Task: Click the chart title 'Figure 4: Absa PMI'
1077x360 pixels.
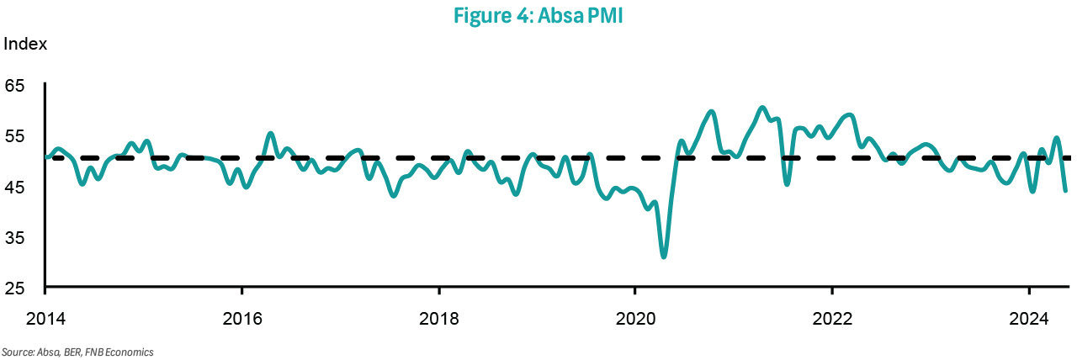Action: [538, 16]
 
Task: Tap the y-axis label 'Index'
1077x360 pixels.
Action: [25, 44]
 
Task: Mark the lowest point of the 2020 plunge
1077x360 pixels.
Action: [664, 257]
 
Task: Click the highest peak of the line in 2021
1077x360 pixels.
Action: [761, 108]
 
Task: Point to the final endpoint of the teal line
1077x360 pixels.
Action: [1065, 214]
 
